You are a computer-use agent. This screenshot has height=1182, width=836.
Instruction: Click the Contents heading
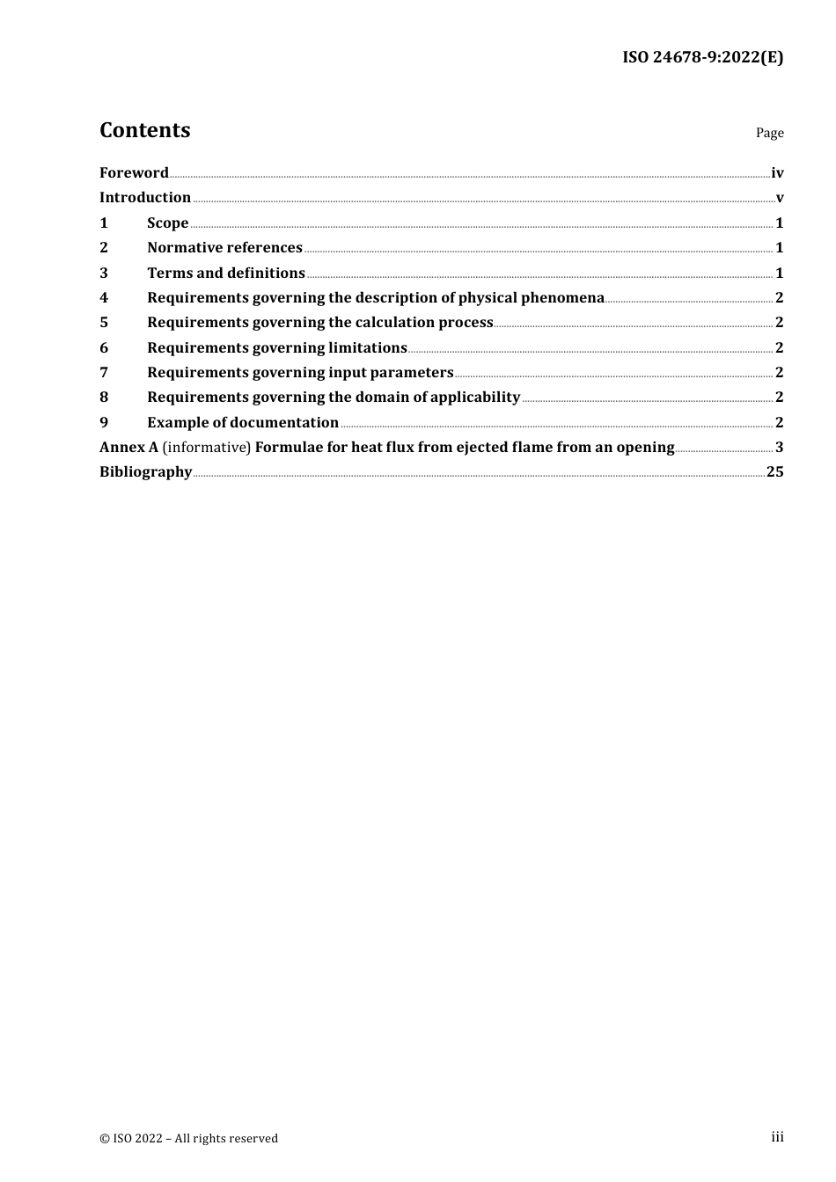[144, 130]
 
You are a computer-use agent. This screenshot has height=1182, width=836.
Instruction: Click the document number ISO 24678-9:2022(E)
[702, 57]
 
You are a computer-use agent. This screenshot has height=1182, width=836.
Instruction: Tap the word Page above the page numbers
[769, 133]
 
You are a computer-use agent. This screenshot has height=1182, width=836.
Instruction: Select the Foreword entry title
[134, 172]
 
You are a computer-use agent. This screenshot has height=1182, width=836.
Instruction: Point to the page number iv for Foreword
[777, 173]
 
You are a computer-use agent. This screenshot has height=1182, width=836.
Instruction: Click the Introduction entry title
[145, 198]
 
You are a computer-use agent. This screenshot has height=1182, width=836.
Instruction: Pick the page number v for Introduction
[780, 198]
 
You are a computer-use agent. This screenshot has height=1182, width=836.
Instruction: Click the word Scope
[167, 223]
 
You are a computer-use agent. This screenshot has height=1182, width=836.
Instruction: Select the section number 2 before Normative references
[104, 248]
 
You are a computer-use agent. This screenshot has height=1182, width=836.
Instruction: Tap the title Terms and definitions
[225, 274]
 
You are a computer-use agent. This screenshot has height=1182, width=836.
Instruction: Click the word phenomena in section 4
[562, 298]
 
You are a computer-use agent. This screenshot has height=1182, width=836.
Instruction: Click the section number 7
[104, 373]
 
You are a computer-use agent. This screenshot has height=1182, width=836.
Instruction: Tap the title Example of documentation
[242, 423]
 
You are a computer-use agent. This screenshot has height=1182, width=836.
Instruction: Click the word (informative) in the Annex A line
[207, 448]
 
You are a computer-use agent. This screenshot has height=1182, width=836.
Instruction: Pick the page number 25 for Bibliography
[774, 472]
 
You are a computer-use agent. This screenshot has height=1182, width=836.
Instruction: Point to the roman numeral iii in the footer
[777, 1137]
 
